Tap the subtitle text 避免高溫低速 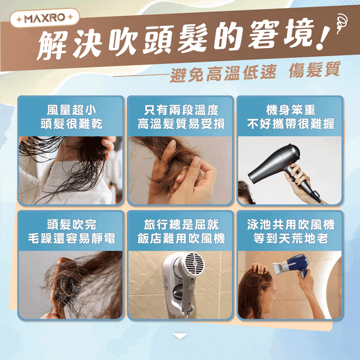pos(223,72)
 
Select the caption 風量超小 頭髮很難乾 pos(71,117)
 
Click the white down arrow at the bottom pos(180,336)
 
